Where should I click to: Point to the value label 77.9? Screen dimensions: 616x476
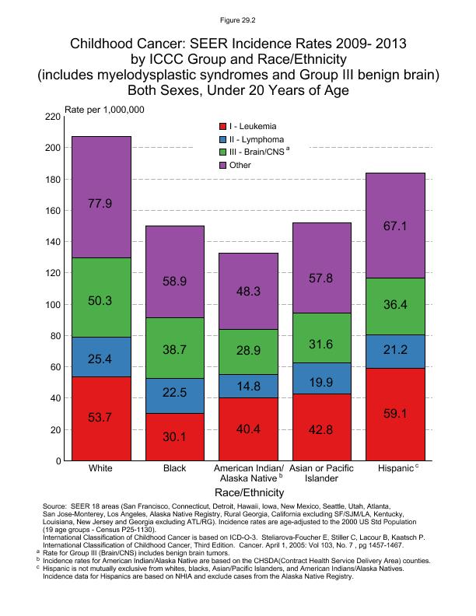pyautogui.click(x=101, y=204)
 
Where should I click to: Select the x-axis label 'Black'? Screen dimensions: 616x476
pyautogui.click(x=176, y=470)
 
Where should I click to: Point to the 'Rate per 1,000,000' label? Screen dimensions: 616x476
pyautogui.click(x=104, y=109)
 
